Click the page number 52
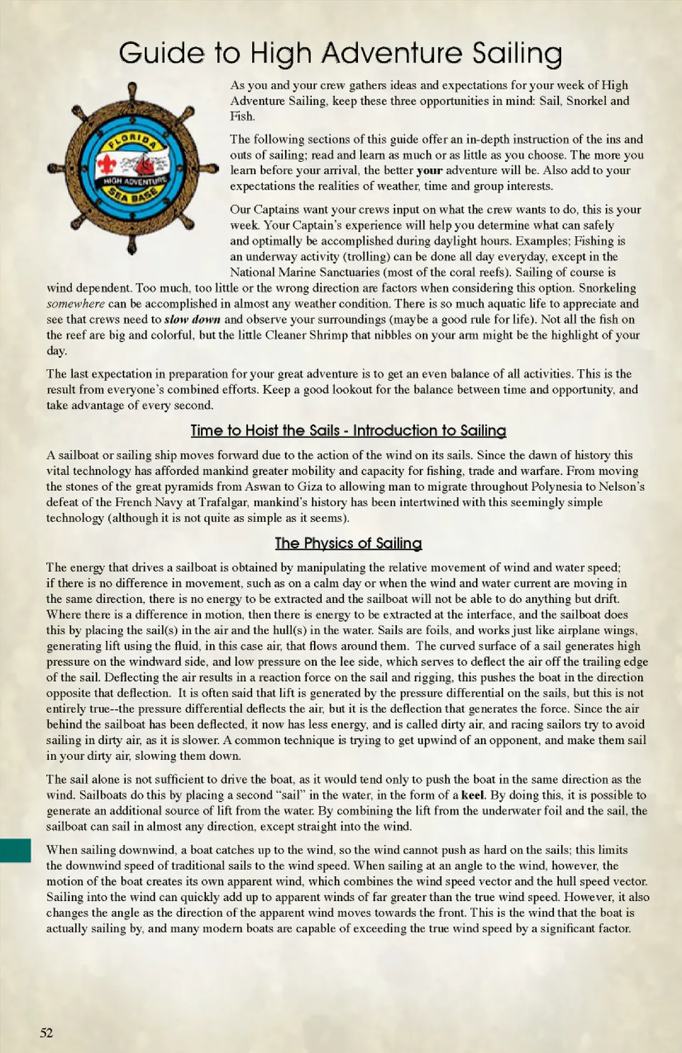46,1032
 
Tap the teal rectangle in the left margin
15,850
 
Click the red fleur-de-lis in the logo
107,165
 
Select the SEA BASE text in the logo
133,194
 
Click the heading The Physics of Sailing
348,543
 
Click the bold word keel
472,795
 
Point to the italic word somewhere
75,304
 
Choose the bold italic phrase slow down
192,320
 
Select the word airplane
568,630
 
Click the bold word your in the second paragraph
429,170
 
